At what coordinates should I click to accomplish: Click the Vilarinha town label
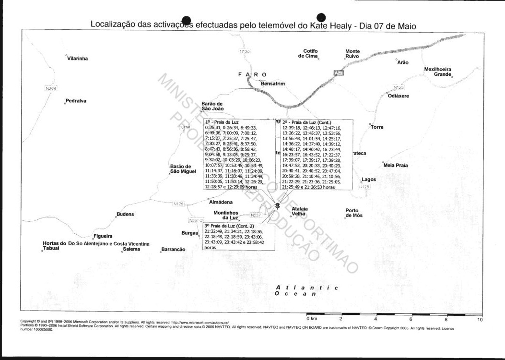coord(78,59)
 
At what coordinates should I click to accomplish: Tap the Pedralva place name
coord(76,101)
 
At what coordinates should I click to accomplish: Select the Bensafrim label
coord(273,84)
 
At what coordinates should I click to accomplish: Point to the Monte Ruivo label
coord(352,54)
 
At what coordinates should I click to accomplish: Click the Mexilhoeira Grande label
coord(437,72)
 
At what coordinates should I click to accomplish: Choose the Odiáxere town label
coord(399,96)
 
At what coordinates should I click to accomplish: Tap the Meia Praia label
coord(396,165)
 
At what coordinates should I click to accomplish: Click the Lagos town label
coord(369,179)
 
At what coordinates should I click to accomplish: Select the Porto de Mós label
coord(354,213)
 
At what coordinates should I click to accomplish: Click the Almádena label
coord(221,202)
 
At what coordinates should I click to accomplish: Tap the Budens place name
coord(125,214)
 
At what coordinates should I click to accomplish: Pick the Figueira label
coord(104,236)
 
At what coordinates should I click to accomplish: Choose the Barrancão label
coord(173,250)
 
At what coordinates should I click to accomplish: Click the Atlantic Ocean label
coord(306,290)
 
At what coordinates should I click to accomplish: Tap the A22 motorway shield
coord(339,72)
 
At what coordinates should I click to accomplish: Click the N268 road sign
coord(51,88)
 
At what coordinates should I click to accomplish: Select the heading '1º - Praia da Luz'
coord(222,122)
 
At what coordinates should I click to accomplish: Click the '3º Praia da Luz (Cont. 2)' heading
coord(229,226)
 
